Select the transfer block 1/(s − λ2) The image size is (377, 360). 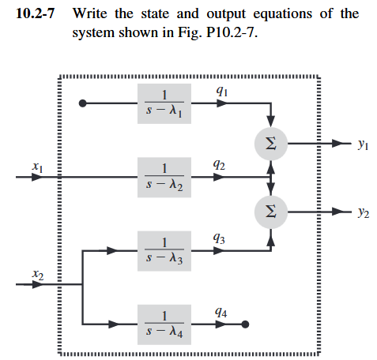pos(164,177)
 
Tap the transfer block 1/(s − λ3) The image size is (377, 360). pos(164,250)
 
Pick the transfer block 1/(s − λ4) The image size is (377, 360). pos(164,323)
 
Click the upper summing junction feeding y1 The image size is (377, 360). pos(270,143)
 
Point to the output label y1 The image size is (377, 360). pos(362,144)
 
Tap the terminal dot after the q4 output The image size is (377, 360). pos(246,323)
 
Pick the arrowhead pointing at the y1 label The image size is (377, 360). pos(342,143)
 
